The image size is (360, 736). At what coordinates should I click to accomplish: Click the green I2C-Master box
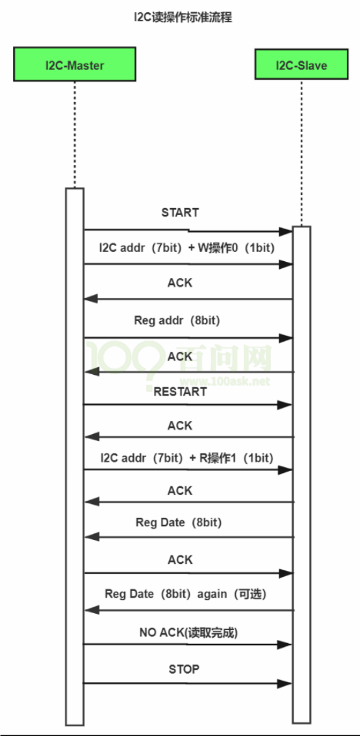75,64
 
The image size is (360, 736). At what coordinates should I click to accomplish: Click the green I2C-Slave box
302,64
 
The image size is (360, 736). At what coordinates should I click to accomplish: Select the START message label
180,212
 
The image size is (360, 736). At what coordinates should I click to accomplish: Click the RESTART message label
180,392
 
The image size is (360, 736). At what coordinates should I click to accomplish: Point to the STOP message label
184,669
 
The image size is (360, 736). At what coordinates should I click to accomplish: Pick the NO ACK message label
188,633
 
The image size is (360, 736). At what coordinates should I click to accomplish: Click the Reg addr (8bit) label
177,321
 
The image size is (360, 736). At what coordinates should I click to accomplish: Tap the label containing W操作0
186,249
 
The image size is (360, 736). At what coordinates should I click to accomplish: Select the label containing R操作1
186,458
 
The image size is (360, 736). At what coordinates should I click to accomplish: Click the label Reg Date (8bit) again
186,594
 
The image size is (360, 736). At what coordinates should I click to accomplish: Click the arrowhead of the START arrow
285,231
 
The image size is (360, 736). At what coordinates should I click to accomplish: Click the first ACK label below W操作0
180,283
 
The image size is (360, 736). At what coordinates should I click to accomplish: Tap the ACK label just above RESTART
180,357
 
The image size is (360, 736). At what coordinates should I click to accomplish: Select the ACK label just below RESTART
180,425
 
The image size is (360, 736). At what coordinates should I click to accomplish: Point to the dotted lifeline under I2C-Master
75,135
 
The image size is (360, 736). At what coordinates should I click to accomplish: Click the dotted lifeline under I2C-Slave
302,153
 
